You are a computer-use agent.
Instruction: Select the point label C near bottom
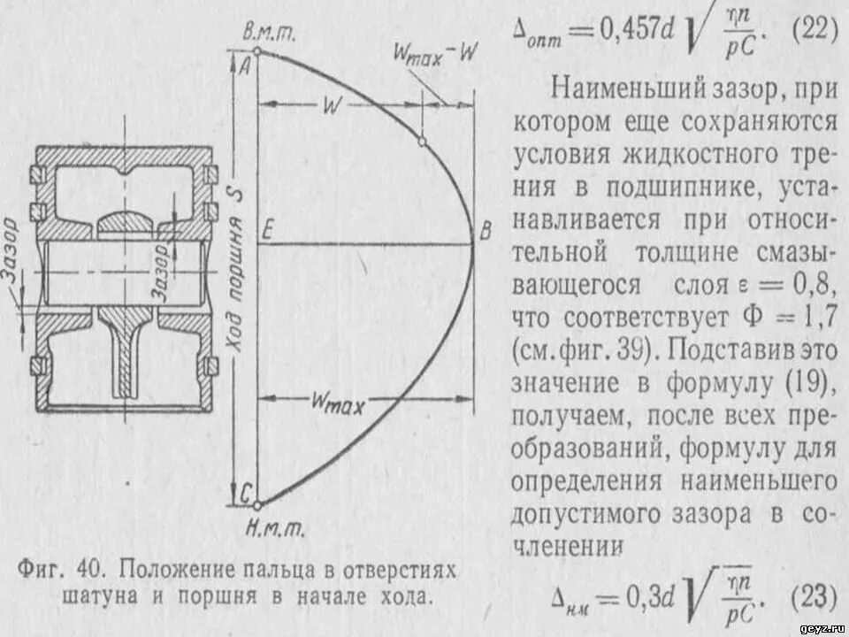[243, 495]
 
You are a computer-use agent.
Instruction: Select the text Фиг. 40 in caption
[61, 568]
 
